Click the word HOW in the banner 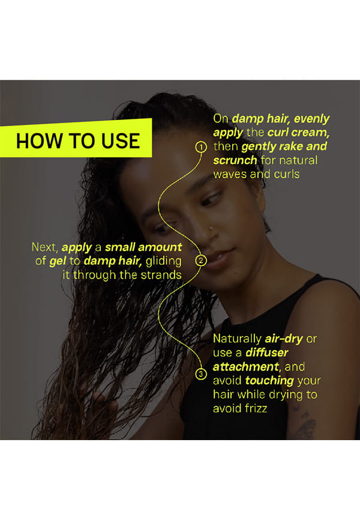click(x=39, y=141)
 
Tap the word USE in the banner click(x=121, y=141)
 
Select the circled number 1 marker click(x=201, y=147)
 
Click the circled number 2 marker click(x=201, y=261)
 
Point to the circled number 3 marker click(x=201, y=374)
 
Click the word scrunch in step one click(x=235, y=160)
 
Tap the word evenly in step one click(x=311, y=119)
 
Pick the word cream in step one click(x=310, y=133)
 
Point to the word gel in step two click(x=58, y=261)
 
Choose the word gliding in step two click(x=164, y=262)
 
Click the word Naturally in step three click(x=238, y=339)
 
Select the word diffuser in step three click(x=267, y=352)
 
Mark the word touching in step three click(x=269, y=381)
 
